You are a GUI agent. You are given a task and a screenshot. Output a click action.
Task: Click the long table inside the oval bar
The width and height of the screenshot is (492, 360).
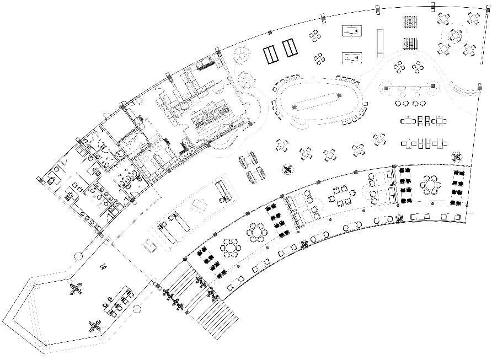(x=317, y=101)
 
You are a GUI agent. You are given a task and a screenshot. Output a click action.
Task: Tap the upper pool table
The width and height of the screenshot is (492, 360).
(x=351, y=31)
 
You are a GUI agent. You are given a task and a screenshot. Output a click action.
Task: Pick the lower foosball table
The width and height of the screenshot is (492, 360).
(x=409, y=44)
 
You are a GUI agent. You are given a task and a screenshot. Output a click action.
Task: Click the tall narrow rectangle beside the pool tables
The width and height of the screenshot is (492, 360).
(x=379, y=42)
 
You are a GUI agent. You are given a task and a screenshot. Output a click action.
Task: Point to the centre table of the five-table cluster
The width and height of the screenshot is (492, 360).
(x=454, y=36)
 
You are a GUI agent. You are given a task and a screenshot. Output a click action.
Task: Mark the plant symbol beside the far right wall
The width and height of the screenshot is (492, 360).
(x=456, y=157)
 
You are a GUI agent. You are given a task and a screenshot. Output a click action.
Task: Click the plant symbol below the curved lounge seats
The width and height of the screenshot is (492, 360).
(x=287, y=168)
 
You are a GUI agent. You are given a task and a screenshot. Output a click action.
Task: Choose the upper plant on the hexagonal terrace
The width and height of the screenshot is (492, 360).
(x=76, y=288)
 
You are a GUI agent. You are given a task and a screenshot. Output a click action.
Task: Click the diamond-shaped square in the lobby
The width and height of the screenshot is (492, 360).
(x=197, y=206)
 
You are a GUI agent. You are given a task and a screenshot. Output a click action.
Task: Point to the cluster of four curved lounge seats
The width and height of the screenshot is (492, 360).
(x=251, y=168)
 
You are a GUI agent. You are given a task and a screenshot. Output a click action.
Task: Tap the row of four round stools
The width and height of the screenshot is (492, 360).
(x=409, y=103)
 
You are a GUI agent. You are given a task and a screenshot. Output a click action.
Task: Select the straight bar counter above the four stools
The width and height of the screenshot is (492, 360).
(x=409, y=87)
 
